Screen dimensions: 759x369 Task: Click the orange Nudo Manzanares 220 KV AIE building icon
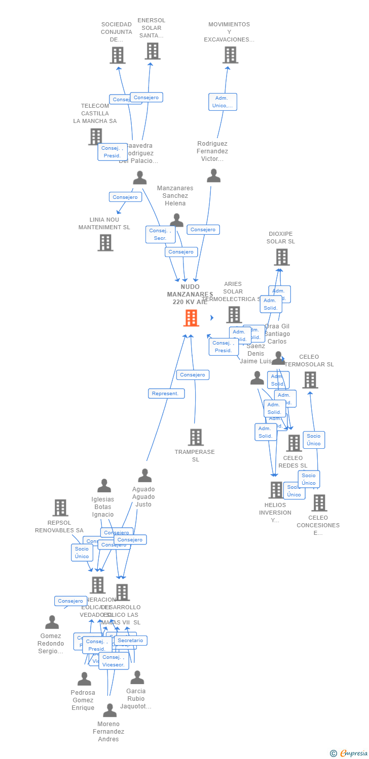[x=191, y=318]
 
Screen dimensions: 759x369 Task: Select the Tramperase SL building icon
[x=196, y=437]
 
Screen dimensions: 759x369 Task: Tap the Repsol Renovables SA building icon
[x=60, y=508]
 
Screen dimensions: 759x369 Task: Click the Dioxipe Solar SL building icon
[x=281, y=257]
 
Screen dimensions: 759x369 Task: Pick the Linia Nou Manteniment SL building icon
[x=105, y=243]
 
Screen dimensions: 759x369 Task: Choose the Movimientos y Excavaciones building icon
[x=230, y=55]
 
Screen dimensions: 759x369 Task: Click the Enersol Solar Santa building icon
[x=153, y=51]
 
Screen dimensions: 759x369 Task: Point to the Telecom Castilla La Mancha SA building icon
[x=95, y=136]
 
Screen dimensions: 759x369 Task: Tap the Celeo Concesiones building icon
[x=319, y=503]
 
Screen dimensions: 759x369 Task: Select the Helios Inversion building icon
[x=276, y=490]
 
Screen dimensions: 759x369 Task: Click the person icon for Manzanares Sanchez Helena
[x=176, y=220]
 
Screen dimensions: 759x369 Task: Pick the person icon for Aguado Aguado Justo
[x=145, y=475]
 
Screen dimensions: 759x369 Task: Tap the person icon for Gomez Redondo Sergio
[x=52, y=622]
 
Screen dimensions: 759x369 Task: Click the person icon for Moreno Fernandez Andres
[x=109, y=710]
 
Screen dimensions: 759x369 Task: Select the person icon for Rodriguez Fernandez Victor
[x=213, y=175]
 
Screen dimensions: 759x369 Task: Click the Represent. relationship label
[x=166, y=393]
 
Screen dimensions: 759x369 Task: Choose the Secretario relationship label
[x=130, y=641]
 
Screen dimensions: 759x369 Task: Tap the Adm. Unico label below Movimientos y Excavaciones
[x=223, y=102]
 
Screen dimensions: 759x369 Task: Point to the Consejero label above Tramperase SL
[x=193, y=375]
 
